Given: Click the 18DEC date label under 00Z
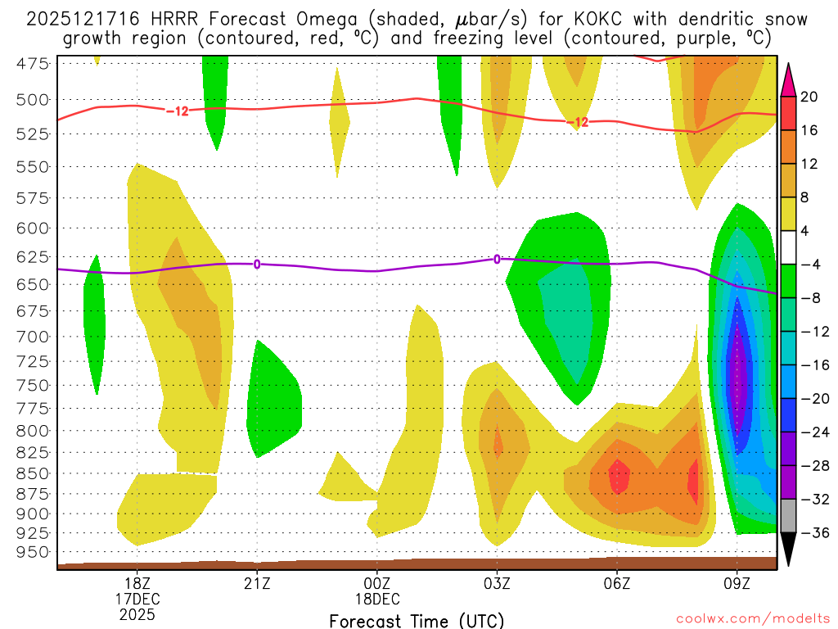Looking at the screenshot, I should click(377, 598).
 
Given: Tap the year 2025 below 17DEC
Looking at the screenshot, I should click(137, 613).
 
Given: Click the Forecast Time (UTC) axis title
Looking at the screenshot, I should click(417, 620).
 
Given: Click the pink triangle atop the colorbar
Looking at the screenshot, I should click(788, 79).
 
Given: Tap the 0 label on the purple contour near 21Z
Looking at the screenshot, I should click(257, 264).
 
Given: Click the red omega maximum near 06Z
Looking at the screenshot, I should click(619, 476).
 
